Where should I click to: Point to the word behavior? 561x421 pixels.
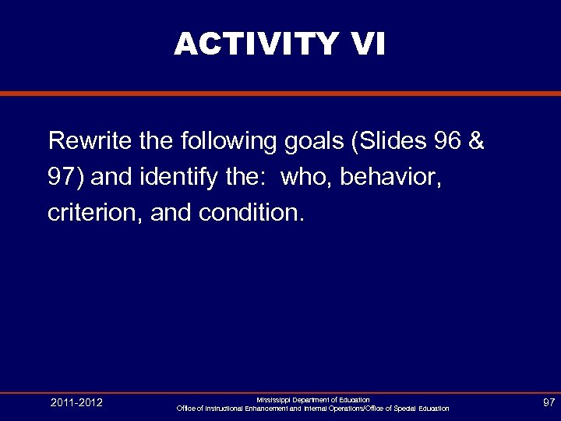(x=392, y=177)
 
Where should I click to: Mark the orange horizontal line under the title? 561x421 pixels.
(x=280, y=94)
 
